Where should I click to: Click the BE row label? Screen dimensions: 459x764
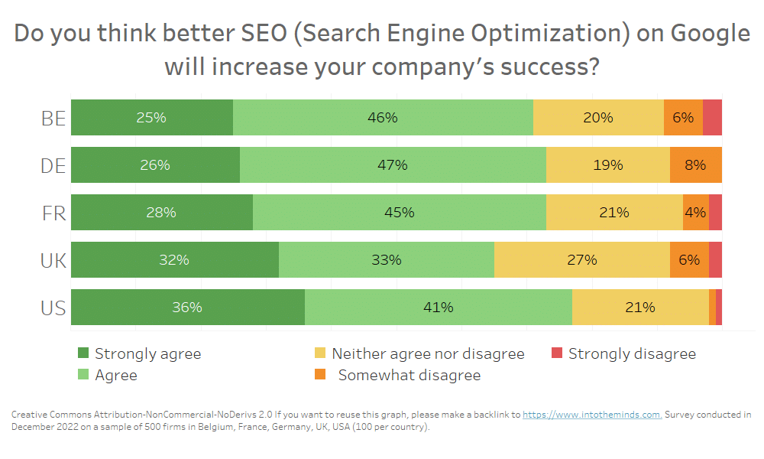pyautogui.click(x=53, y=118)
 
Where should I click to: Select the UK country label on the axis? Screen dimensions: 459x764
pyautogui.click(x=53, y=261)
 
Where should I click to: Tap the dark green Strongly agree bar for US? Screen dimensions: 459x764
pyautogui.click(x=187, y=308)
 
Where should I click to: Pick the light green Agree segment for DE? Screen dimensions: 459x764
pyautogui.click(x=393, y=164)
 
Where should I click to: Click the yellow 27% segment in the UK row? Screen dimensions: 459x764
pyautogui.click(x=581, y=260)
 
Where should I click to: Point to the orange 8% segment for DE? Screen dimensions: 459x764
pyautogui.click(x=695, y=164)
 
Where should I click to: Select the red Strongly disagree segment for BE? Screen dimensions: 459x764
pyautogui.click(x=712, y=118)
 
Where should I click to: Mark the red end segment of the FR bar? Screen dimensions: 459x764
pyautogui.click(x=715, y=212)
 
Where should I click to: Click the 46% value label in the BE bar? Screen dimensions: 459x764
pyautogui.click(x=382, y=118)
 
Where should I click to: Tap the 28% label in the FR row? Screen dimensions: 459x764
pyautogui.click(x=161, y=213)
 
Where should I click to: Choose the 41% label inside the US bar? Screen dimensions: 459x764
pyautogui.click(x=439, y=308)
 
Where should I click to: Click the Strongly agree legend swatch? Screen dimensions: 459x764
pyautogui.click(x=84, y=353)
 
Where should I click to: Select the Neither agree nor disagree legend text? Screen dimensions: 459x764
pyautogui.click(x=428, y=353)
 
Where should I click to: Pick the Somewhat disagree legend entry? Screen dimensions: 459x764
pyautogui.click(x=410, y=375)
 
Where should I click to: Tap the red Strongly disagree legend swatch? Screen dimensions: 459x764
pyautogui.click(x=557, y=353)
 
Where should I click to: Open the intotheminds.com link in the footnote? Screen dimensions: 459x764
pyautogui.click(x=592, y=415)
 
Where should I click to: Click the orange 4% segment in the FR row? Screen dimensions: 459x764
pyautogui.click(x=695, y=212)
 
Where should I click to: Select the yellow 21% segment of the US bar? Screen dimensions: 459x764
pyautogui.click(x=639, y=308)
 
